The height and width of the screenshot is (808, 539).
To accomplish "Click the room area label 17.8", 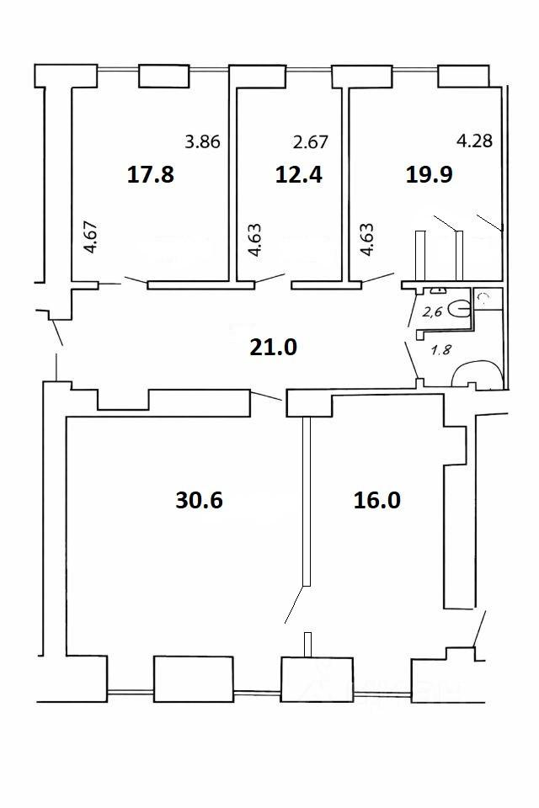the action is pos(151,174).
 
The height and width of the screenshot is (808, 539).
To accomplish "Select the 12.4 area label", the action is pos(299,174).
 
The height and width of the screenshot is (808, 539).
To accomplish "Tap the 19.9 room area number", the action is pos(430,174).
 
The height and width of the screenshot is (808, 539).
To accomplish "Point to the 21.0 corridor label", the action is pos(274,348).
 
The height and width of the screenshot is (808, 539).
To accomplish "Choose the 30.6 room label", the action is pos(199,500).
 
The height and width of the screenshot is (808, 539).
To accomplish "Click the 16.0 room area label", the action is pos(377,500).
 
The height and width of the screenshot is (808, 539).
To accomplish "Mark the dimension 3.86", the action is pos(203,141).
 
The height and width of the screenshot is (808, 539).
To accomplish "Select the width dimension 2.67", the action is pos(311,141).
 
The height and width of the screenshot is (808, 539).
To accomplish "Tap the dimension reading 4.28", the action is pos(475,141).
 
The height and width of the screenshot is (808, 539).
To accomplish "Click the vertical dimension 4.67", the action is pos(90,237).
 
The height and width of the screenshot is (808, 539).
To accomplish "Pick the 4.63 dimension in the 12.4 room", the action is pos(254,240).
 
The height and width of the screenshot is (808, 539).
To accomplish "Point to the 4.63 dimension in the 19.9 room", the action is pos(366,240).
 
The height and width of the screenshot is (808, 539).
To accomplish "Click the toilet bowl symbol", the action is pos(459,309).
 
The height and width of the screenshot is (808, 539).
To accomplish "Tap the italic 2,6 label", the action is pos(433,311).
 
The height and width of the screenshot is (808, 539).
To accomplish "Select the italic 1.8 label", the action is pos(441,350).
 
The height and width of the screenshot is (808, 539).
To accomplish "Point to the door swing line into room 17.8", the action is pos(136,280).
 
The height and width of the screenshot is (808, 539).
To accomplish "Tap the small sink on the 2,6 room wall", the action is pos(438,290).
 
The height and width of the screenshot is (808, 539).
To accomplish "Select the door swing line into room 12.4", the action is pos(269,279).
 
